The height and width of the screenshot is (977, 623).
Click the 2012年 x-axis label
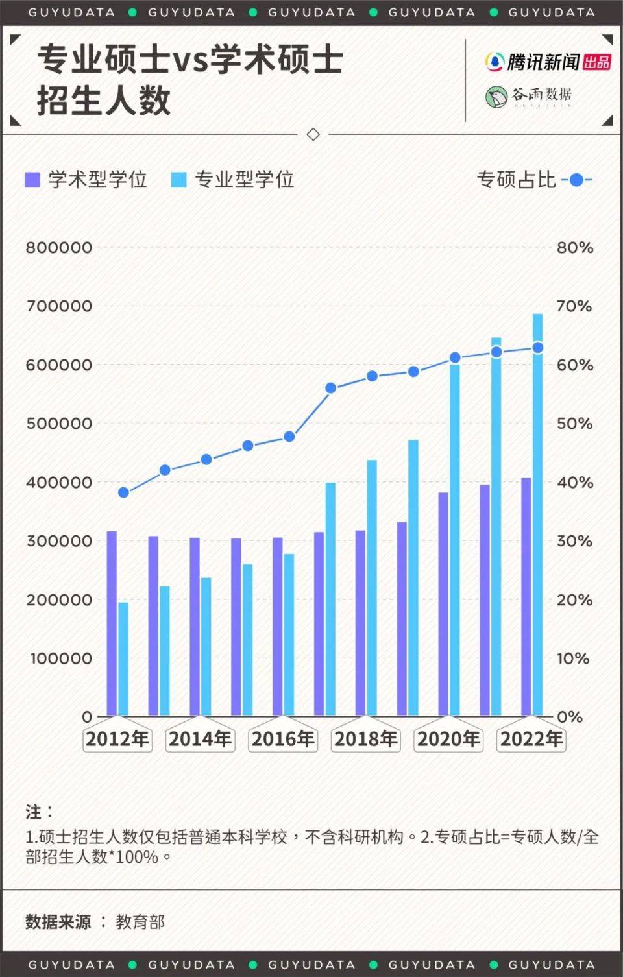pos(117,739)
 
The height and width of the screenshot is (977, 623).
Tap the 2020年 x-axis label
pos(448,739)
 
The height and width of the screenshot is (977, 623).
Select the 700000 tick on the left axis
pos(59,306)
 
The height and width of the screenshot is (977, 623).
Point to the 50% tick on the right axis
pos(574,424)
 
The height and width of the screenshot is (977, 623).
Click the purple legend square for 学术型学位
pos(32,180)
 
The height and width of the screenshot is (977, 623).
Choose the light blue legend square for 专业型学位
pos(178,180)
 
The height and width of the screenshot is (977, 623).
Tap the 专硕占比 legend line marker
pos(576,180)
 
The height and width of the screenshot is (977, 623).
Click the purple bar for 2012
pos(112,623)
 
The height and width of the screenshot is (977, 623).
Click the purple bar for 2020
pos(443,604)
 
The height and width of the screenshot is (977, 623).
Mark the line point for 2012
pos(123,492)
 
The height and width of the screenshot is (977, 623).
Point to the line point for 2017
pos(330,388)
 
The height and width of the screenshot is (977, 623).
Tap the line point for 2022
pos(537,348)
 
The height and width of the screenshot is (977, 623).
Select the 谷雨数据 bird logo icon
pos(496,97)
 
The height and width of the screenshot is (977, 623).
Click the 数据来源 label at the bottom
pos(58,922)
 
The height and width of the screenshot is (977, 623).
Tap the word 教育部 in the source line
pos(140,922)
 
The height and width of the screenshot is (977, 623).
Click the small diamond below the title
pos(313,134)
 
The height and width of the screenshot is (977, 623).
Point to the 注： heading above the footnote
pos(38,812)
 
